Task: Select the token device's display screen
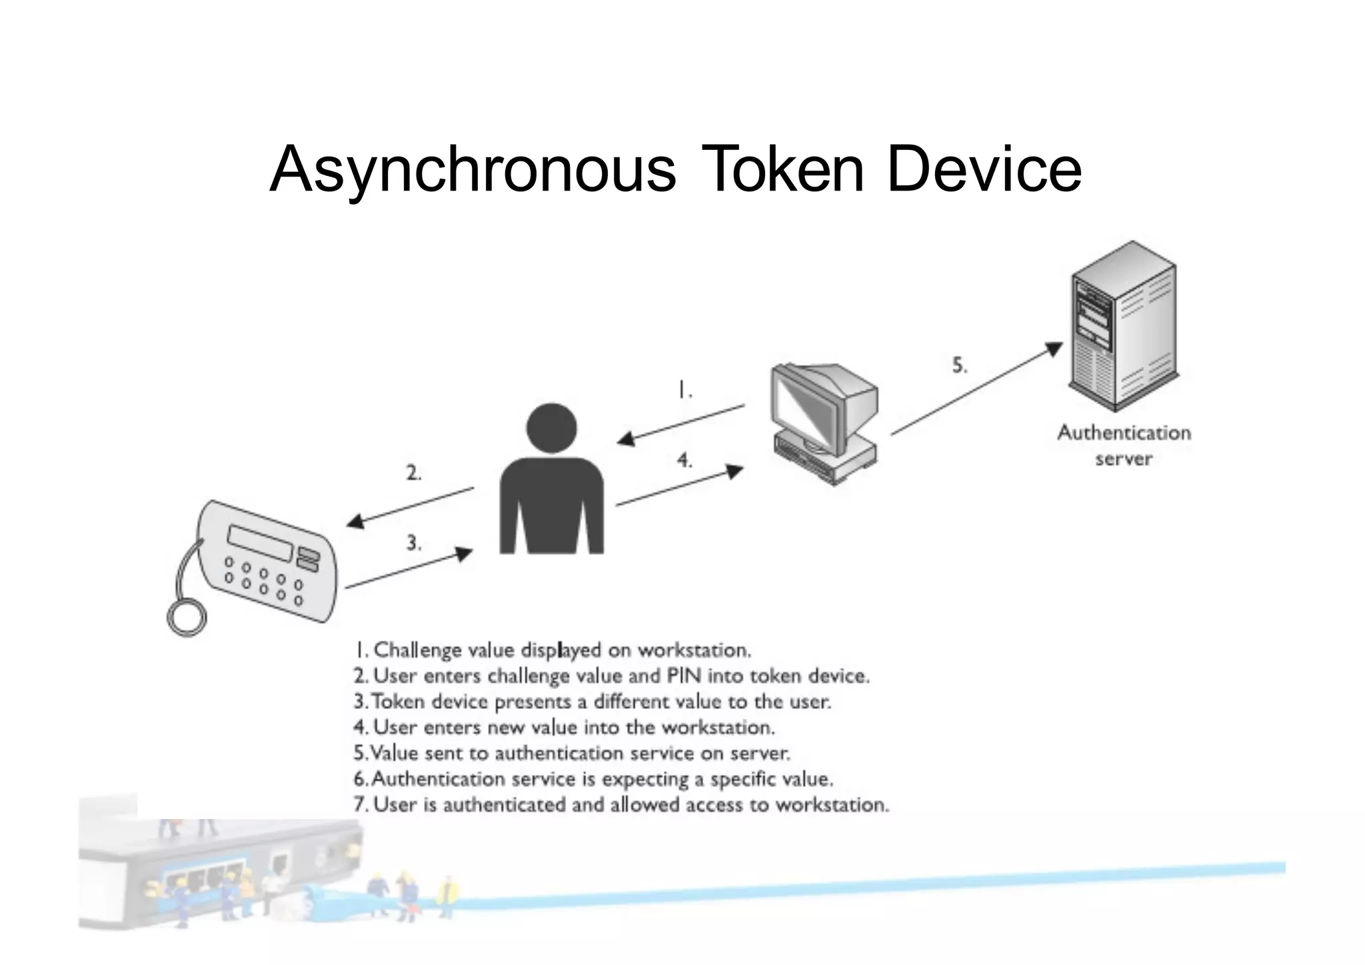point(261,542)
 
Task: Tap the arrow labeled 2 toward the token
point(410,506)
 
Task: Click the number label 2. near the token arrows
point(414,473)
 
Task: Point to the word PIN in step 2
point(684,676)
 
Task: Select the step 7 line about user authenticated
point(621,805)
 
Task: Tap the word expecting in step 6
point(645,779)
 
